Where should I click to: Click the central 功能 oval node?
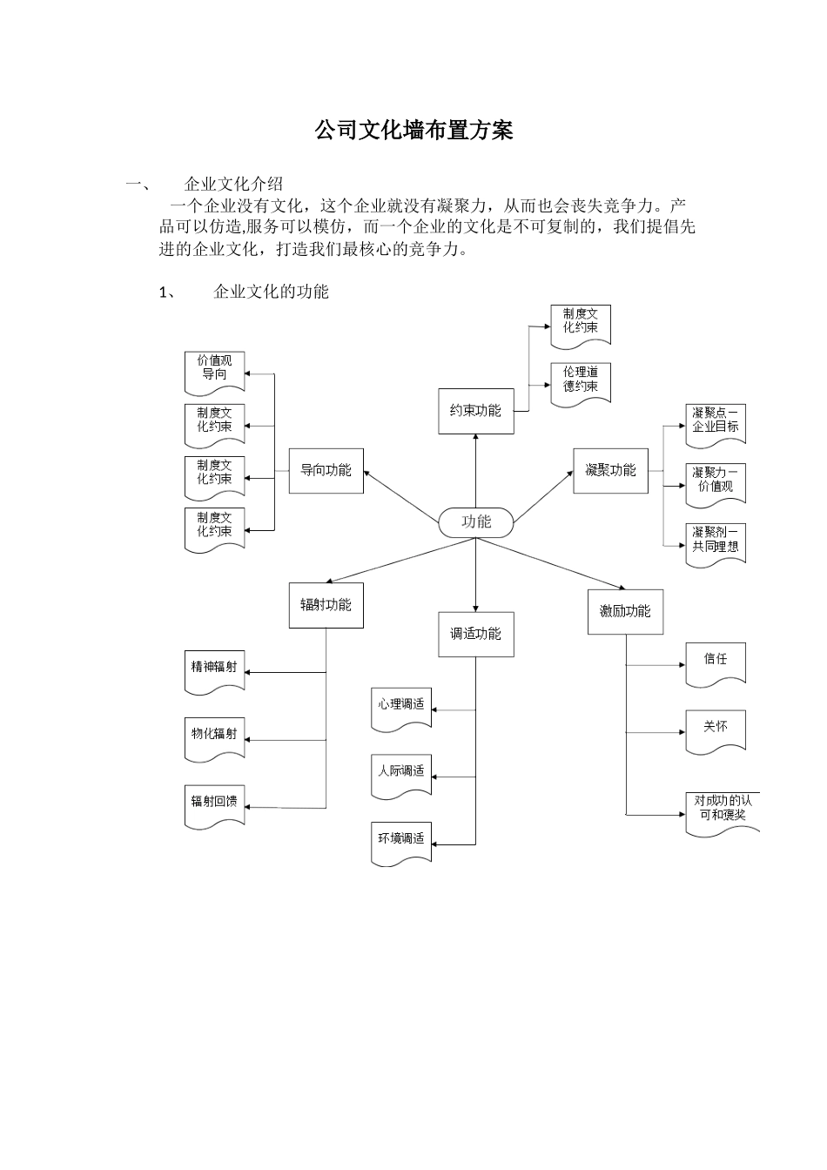476,522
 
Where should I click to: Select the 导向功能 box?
326,471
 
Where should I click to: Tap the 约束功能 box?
475,411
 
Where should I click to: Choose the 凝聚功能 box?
610,471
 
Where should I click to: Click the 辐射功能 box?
326,605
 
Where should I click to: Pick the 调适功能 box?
475,635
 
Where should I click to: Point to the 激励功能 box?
625,611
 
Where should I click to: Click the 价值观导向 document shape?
214,369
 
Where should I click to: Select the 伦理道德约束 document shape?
581,380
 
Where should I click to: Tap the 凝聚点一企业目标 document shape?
716,421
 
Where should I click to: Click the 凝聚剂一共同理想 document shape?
716,541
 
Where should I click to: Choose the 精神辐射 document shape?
214,669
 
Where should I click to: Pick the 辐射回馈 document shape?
214,803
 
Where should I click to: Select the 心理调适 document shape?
401,705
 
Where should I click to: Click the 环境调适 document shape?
401,840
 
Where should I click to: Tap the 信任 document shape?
716,661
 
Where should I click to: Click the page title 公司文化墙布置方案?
413,131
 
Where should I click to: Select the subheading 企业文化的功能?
271,292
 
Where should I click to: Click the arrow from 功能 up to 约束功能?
476,470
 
